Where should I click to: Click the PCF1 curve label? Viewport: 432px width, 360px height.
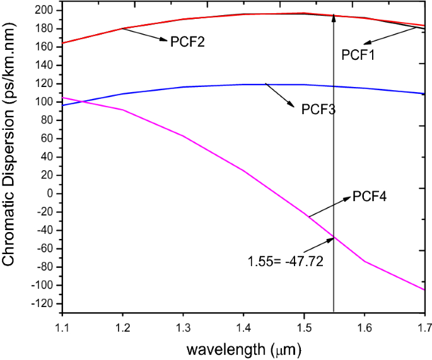pos(358,55)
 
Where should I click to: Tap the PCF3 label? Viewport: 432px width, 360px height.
pos(318,109)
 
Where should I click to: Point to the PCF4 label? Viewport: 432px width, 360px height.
pos(369,197)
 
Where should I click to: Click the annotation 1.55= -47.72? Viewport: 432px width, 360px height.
pos(285,261)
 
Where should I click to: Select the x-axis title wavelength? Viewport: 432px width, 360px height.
pos(243,346)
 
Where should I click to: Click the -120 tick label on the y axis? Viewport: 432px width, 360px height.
pos(41,304)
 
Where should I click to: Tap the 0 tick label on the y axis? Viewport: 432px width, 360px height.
pos(49,194)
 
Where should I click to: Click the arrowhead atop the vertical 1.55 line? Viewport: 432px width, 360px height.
pos(334,17)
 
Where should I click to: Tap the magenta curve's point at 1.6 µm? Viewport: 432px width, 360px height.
pos(364,261)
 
